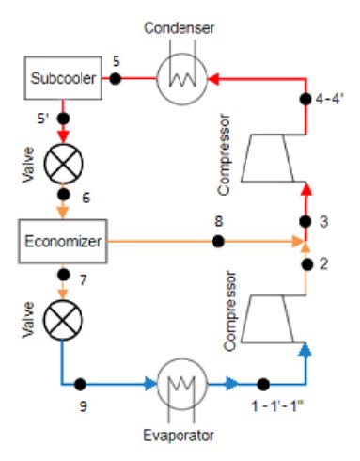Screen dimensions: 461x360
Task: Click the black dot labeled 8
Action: coord(218,242)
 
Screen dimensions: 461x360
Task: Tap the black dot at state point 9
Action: coord(82,384)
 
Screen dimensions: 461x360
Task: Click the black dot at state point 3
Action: coord(305,222)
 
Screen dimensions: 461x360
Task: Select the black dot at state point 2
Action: coord(305,264)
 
